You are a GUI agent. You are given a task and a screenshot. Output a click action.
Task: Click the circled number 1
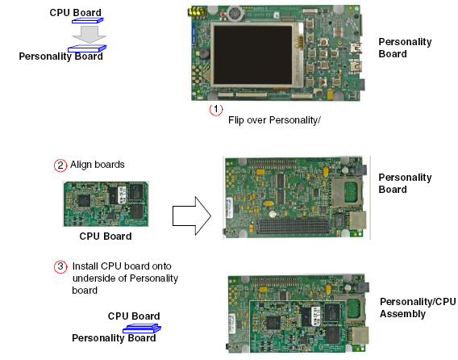pyautogui.click(x=216, y=110)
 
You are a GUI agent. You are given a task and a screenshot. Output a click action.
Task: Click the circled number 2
pyautogui.click(x=60, y=165)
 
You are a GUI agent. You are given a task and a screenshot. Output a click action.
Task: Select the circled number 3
pyautogui.click(x=60, y=266)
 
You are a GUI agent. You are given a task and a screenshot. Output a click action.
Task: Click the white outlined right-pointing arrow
pyautogui.click(x=192, y=216)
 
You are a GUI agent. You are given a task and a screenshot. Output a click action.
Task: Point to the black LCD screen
pyautogui.click(x=253, y=55)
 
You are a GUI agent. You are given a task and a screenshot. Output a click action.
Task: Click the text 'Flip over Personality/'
pyautogui.click(x=274, y=120)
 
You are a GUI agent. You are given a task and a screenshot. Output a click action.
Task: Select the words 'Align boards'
pyautogui.click(x=98, y=165)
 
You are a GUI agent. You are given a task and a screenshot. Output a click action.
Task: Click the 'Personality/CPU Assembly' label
pyautogui.click(x=418, y=308)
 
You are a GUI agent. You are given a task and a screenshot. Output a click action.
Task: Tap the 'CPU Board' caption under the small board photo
pyautogui.click(x=106, y=237)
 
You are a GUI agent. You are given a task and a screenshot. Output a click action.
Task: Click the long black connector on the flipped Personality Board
pyautogui.click(x=293, y=226)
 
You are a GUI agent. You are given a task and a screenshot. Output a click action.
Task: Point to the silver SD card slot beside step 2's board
pyautogui.click(x=347, y=192)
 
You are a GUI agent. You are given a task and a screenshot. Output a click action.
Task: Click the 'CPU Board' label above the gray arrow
pyautogui.click(x=75, y=13)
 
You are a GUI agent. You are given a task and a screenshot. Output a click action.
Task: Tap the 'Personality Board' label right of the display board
pyautogui.click(x=405, y=48)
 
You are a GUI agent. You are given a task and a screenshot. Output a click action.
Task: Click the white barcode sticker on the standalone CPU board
pyautogui.click(x=123, y=195)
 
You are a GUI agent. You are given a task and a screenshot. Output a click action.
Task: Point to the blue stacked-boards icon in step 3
pyautogui.click(x=142, y=329)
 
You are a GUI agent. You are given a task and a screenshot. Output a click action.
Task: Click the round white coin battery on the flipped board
pyautogui.click(x=273, y=215)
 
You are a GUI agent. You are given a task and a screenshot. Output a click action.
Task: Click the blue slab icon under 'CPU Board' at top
pyautogui.click(x=88, y=20)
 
